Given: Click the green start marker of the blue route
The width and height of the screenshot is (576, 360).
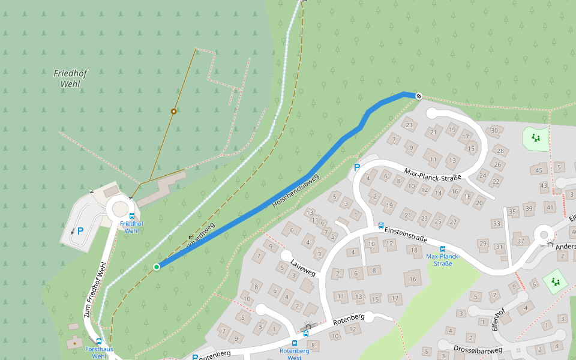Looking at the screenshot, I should coord(157,266).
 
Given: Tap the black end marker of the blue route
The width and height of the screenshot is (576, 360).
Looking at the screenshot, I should coord(419,96).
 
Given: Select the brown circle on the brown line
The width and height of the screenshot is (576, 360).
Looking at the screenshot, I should coord(173,111).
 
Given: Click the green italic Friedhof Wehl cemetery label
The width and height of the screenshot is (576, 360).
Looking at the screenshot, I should coord(70,79).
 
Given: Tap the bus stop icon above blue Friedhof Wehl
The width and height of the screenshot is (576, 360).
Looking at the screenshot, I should coord(132,216).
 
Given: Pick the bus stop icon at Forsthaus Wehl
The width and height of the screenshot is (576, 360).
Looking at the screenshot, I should coord(99,341).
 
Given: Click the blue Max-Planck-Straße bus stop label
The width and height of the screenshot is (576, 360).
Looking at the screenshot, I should coord(442,260).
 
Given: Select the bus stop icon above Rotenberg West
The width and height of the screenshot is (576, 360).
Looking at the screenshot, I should coord(294,343).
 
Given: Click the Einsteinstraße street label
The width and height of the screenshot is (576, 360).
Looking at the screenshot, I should coord(406,232).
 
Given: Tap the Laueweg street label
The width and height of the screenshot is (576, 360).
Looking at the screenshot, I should coord(302,266).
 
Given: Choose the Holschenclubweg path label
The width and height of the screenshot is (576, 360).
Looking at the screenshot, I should coord(295,190).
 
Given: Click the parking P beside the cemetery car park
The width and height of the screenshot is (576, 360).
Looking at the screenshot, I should coord(80,230).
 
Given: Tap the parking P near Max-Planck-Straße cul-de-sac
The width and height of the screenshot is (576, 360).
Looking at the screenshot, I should coord(357,168).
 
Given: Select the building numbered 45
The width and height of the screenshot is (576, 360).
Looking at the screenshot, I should coord(539,170).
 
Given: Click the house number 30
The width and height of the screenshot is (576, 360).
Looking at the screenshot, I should coord(494,130).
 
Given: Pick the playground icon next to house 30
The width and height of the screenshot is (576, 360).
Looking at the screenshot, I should coord(536,139).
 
